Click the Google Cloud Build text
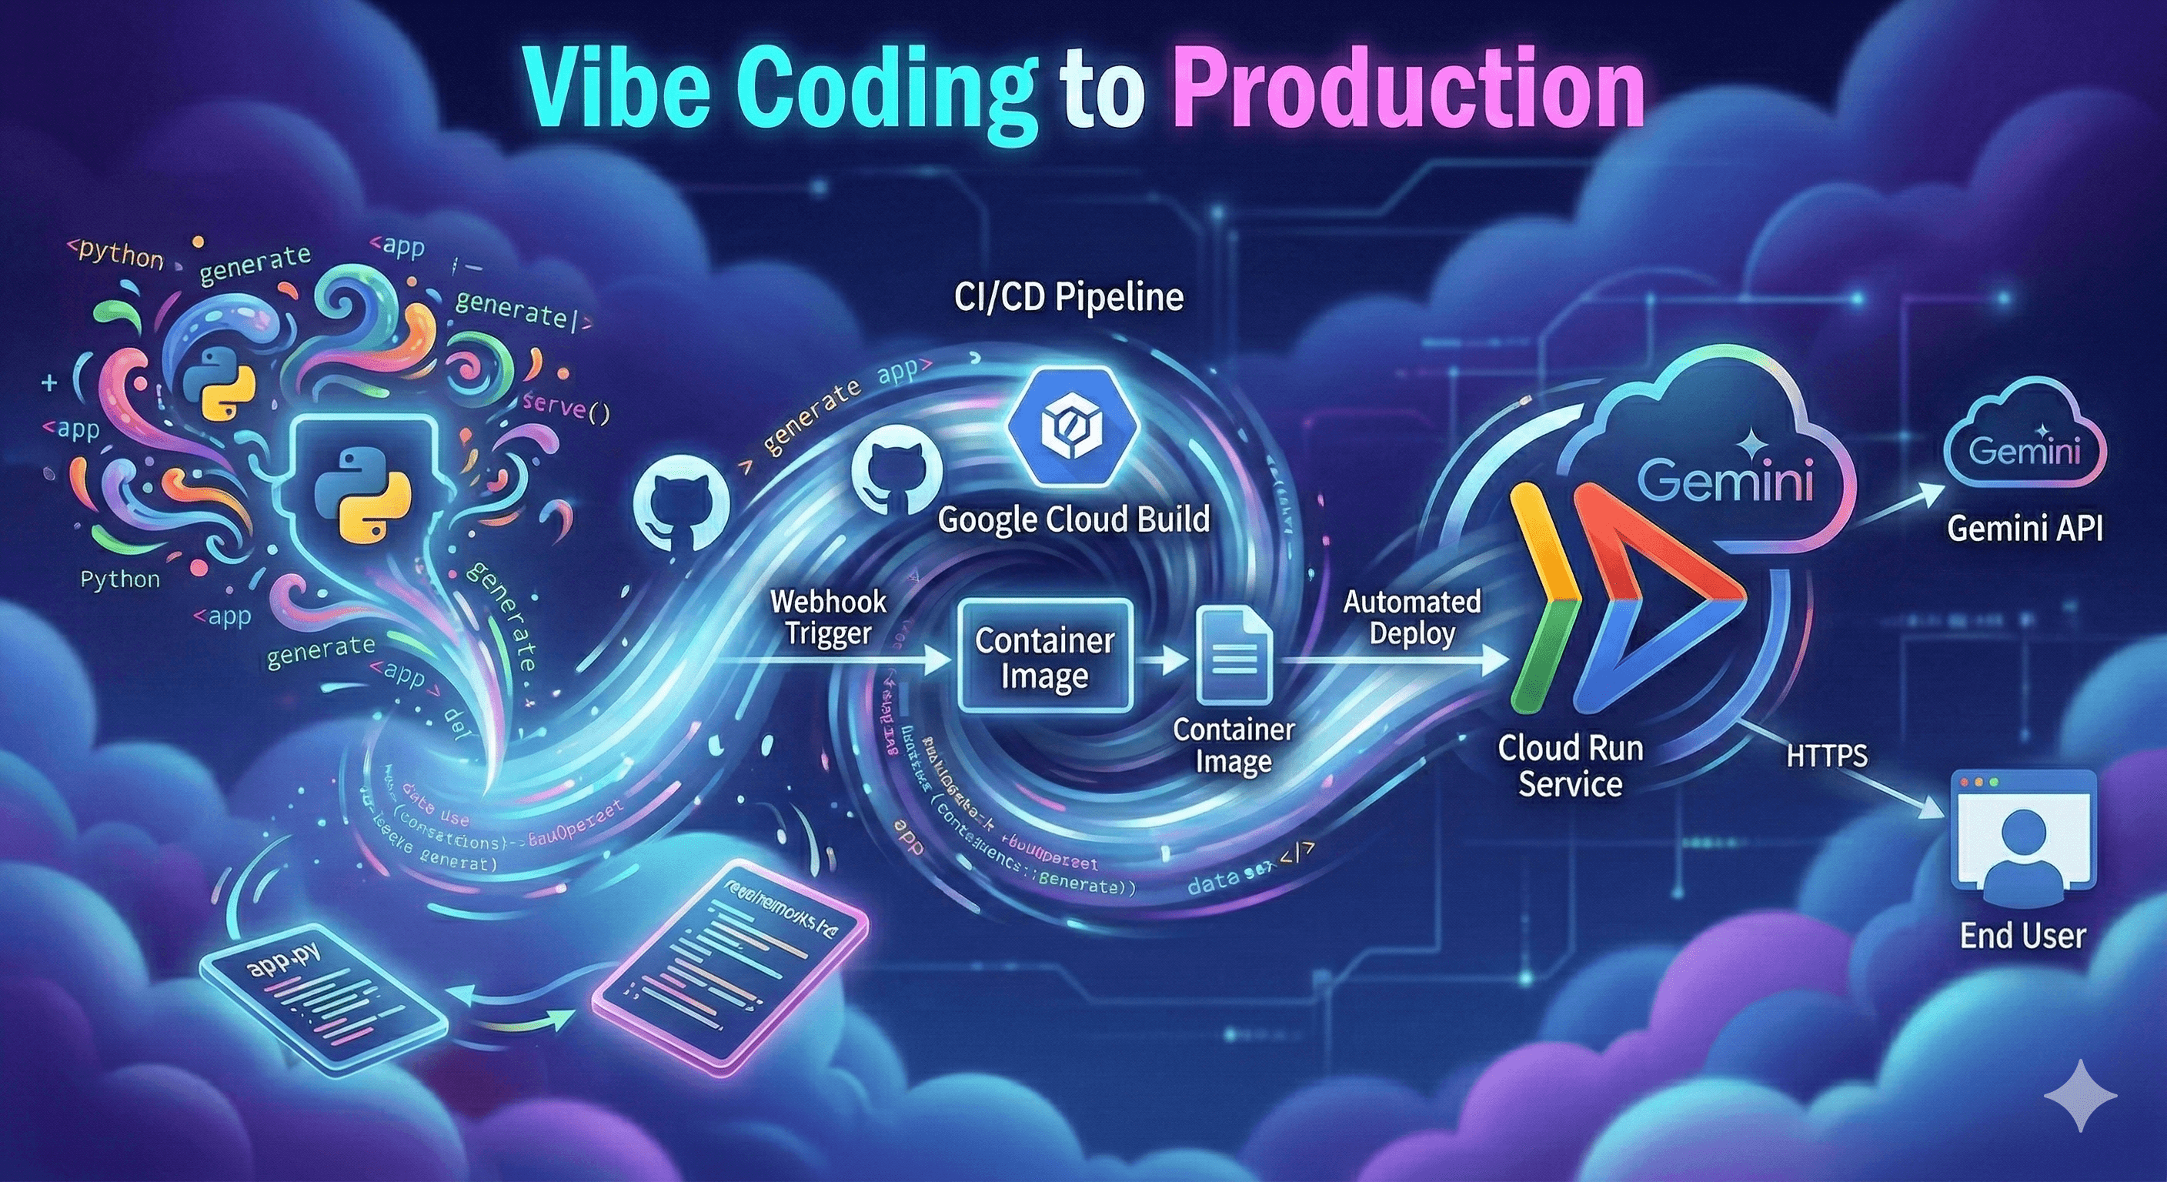click(1073, 519)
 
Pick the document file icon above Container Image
click(1234, 656)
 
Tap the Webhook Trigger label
click(829, 616)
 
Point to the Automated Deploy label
click(1411, 616)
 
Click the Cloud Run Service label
click(1570, 766)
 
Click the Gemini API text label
click(2024, 529)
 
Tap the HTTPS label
click(1826, 756)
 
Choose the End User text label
click(2022, 936)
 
